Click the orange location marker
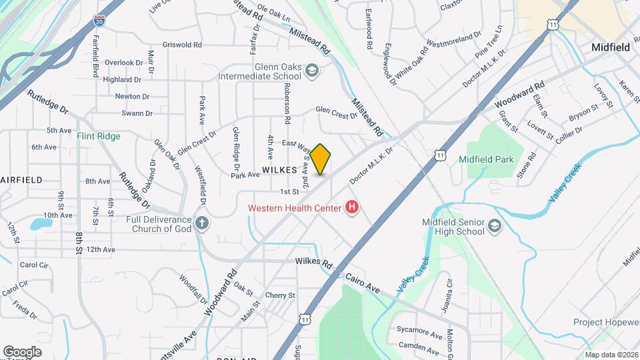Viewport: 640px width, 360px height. pos(321,159)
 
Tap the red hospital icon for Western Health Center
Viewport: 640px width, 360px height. pos(351,208)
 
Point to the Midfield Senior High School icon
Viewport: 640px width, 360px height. pos(494,226)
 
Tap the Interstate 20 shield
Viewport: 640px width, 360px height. pos(99,21)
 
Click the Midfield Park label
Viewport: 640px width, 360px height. pos(486,159)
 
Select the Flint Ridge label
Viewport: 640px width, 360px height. pos(98,136)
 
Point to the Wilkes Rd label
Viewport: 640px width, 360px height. pos(313,263)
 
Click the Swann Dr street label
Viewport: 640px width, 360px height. pos(137,114)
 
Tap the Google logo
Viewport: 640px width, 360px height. pos(22,352)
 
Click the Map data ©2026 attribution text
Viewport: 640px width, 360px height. pos(611,355)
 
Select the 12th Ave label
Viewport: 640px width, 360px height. pos(101,249)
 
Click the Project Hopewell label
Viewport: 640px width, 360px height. pos(606,322)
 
